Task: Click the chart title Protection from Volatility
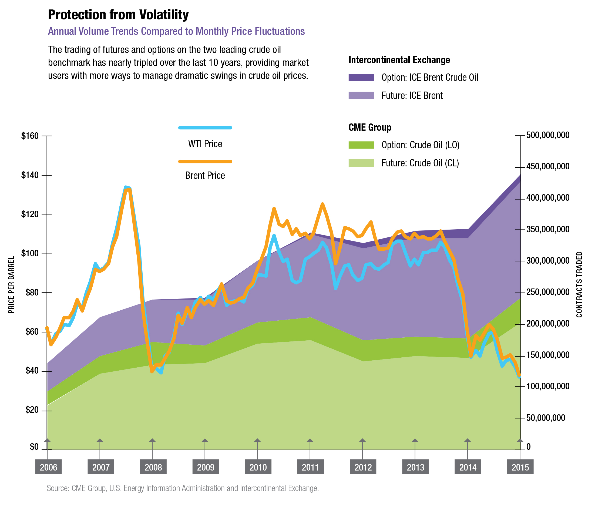pyautogui.click(x=118, y=15)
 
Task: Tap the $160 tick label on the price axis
pyautogui.click(x=30, y=136)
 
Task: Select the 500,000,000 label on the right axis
pyautogui.click(x=548, y=135)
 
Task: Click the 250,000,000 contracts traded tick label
pyautogui.click(x=548, y=293)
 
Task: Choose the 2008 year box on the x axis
pyautogui.click(x=153, y=467)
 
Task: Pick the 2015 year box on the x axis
pyautogui.click(x=520, y=467)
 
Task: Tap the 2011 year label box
pyautogui.click(x=310, y=467)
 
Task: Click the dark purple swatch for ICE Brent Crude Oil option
pyautogui.click(x=361, y=78)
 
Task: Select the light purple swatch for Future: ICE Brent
pyautogui.click(x=361, y=95)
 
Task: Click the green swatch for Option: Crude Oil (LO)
pyautogui.click(x=361, y=145)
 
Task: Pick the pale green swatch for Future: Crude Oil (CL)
pyautogui.click(x=361, y=163)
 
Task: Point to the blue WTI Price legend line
pyautogui.click(x=205, y=127)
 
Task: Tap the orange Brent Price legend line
pyautogui.click(x=205, y=162)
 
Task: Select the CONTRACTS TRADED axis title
pyautogui.click(x=579, y=284)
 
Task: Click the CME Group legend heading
pyautogui.click(x=369, y=127)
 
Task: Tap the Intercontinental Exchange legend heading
pyautogui.click(x=399, y=60)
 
